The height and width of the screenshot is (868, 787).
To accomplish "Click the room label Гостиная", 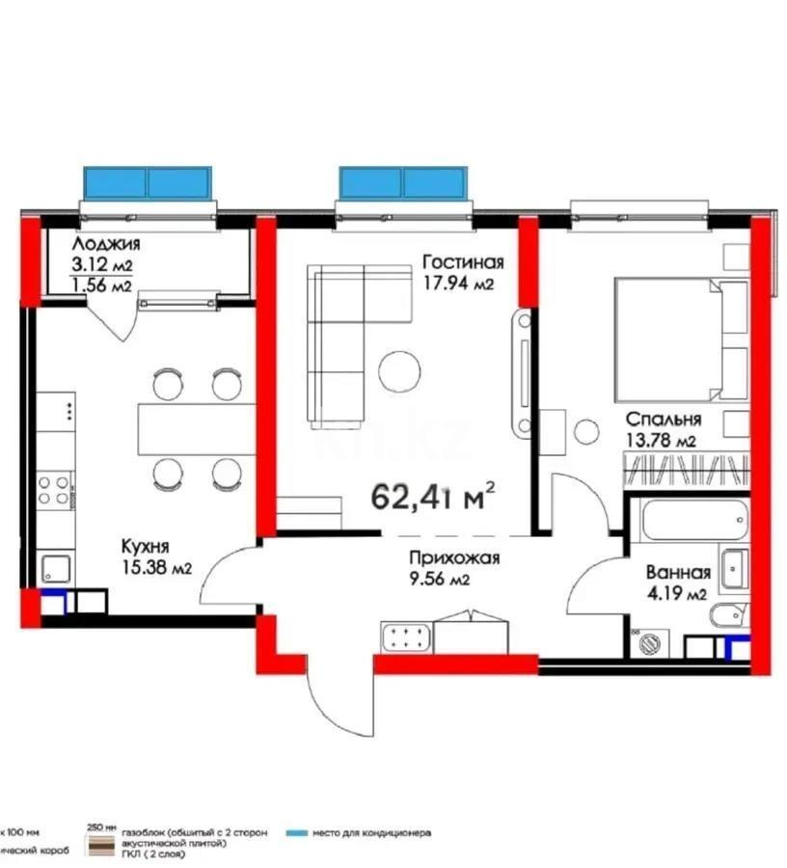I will click(463, 262).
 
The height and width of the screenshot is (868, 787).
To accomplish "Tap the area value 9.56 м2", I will click(439, 580).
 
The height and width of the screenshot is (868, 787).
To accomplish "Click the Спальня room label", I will click(663, 420).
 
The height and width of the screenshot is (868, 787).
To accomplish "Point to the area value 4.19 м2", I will click(679, 593).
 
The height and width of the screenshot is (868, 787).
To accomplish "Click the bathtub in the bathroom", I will click(675, 520).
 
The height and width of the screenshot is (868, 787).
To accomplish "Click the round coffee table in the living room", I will click(398, 369).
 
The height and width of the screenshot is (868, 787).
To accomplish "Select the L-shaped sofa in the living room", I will click(333, 347).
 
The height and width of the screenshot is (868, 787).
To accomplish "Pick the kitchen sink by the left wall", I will click(56, 569).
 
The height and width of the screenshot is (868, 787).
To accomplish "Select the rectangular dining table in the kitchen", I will click(196, 428).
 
